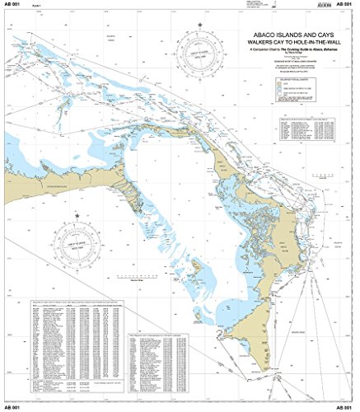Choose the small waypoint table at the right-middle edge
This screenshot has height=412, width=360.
coord(308,131)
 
